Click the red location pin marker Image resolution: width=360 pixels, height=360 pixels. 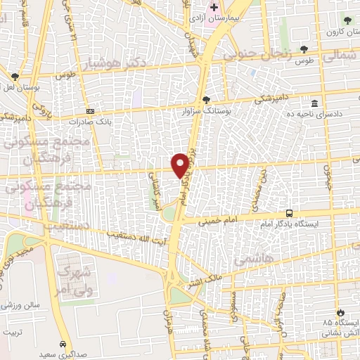tap(180, 165)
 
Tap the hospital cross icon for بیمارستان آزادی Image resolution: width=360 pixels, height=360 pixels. tap(214, 7)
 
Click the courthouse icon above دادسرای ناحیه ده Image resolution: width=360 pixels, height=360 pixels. tap(315, 104)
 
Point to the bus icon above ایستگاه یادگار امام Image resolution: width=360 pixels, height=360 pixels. tap(289, 213)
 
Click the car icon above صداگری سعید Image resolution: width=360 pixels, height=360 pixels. tap(64, 345)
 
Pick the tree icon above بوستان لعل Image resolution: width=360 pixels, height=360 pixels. tap(15, 76)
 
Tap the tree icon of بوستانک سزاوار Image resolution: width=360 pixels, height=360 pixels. tap(206, 100)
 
